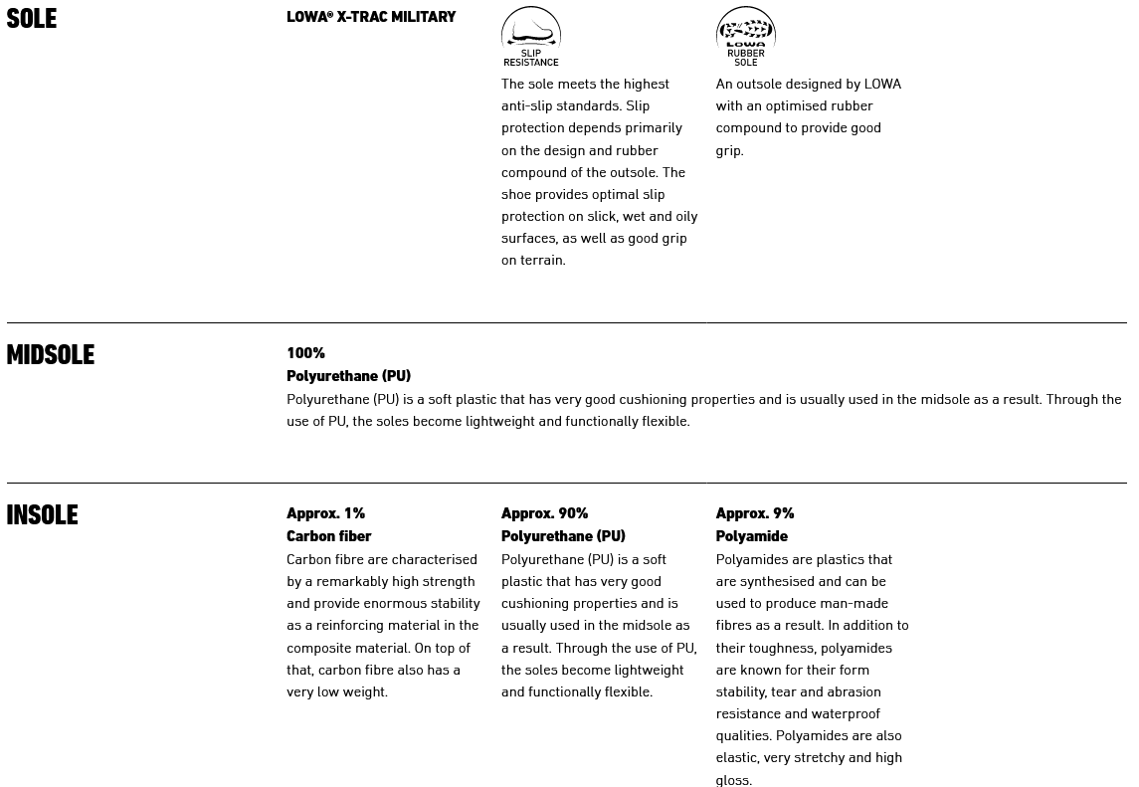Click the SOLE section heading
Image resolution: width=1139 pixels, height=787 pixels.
[32, 19]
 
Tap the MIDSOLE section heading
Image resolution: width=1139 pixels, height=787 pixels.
[51, 355]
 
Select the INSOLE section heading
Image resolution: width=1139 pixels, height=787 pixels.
[42, 515]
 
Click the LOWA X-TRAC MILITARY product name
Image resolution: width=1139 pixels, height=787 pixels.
[371, 17]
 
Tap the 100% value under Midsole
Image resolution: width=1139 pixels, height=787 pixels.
[305, 353]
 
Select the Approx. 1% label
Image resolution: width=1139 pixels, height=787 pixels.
[325, 513]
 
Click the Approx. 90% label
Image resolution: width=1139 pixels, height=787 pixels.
[544, 513]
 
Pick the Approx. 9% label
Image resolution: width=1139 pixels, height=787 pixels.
[754, 513]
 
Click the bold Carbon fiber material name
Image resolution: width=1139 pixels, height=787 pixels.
[328, 536]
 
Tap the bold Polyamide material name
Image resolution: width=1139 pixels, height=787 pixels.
[751, 536]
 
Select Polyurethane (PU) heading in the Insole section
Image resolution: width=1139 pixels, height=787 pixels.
[563, 536]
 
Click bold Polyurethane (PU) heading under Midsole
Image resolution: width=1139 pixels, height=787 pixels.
[348, 376]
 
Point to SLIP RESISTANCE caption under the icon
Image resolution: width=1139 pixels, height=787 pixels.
[531, 58]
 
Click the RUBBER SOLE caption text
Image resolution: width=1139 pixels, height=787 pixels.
[745, 58]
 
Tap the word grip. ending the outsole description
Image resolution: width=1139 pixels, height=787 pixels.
[729, 151]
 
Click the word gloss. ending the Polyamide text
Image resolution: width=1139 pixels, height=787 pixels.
[733, 780]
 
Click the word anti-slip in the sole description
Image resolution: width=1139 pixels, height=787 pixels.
[531, 106]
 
